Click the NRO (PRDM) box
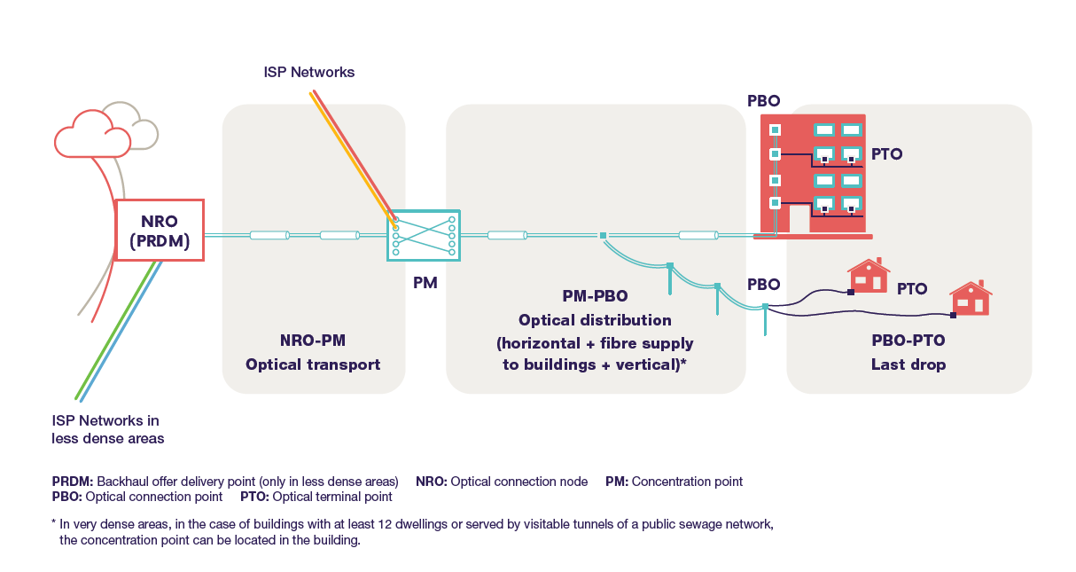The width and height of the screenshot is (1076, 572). pos(160,230)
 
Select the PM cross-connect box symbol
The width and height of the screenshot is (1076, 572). pos(424,235)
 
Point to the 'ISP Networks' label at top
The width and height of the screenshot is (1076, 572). pos(308,72)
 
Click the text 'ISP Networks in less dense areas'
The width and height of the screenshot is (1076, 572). pos(107,429)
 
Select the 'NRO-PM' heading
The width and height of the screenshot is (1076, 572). pos(312,341)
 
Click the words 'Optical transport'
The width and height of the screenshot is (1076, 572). pos(312,364)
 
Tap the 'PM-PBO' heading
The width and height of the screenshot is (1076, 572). pos(595,295)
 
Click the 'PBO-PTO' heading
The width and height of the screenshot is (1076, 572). pos(908,341)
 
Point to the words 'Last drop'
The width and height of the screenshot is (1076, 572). pos(908,364)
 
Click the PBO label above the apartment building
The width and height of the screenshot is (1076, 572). pos(763,101)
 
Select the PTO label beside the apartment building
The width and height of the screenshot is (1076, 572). pos(886,153)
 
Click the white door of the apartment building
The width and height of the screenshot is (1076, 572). pos(799,219)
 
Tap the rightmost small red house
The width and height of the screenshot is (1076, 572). pos(971,299)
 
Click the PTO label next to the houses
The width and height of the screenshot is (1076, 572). pos(912,288)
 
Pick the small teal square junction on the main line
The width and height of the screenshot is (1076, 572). pos(603,236)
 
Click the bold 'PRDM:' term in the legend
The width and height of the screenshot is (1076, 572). pos(72,482)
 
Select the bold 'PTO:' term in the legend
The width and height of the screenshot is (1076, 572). pos(254,497)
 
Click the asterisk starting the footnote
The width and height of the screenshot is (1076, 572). pos(55,523)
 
